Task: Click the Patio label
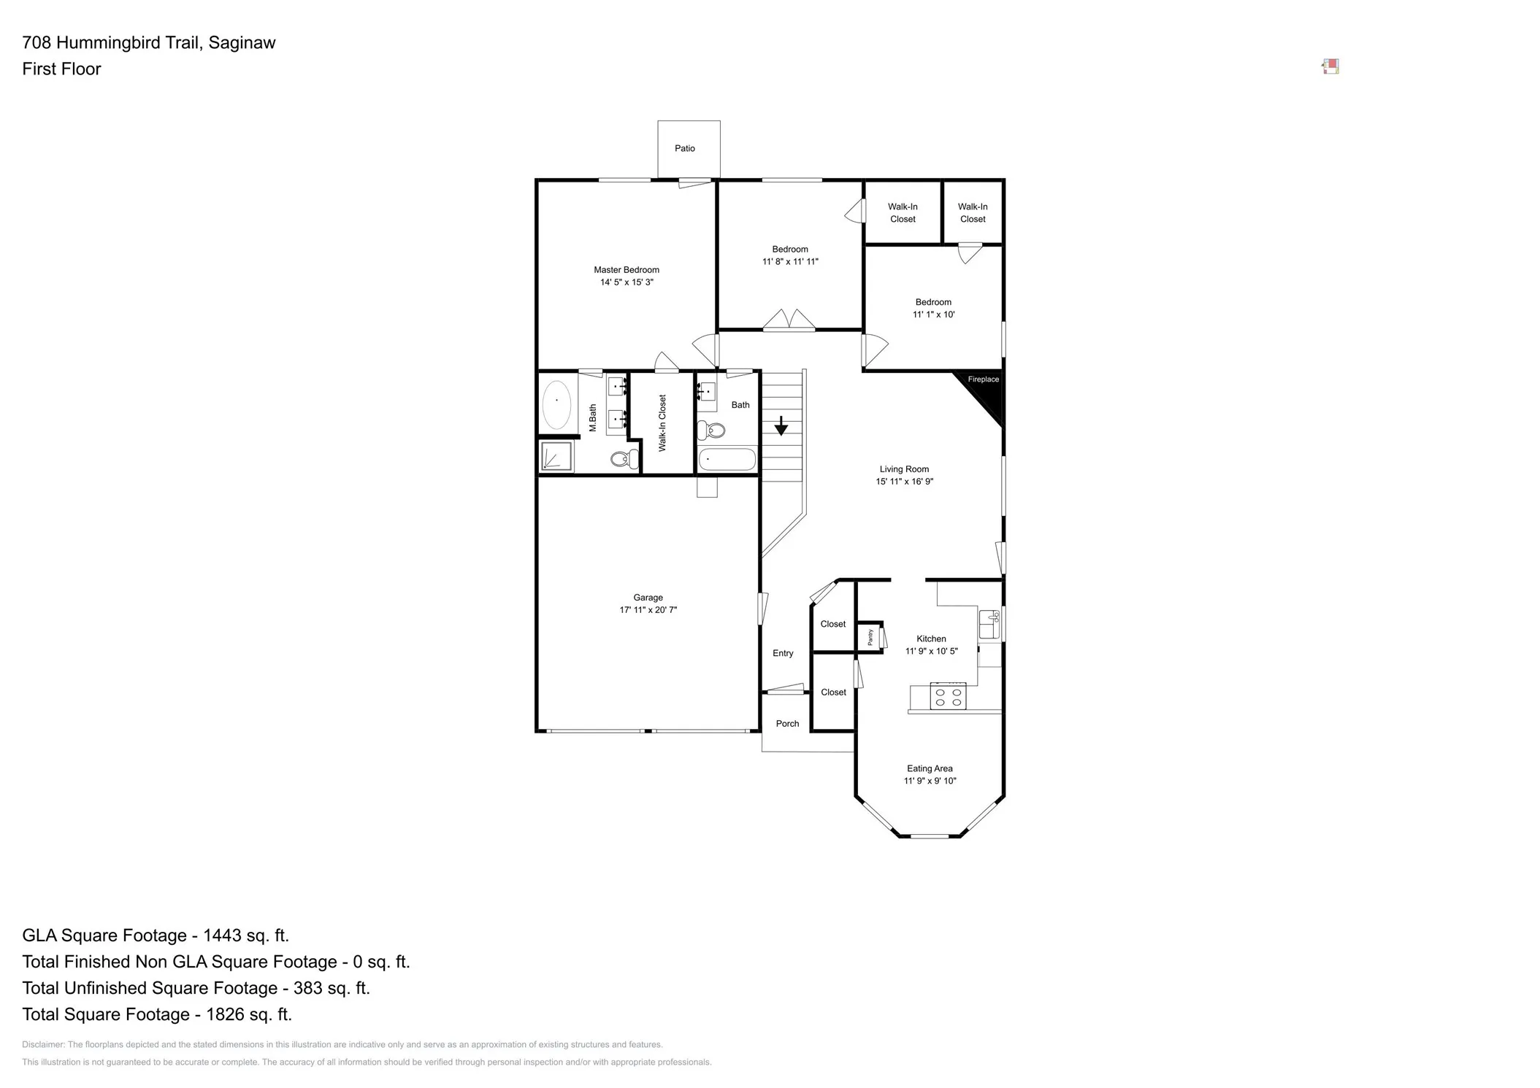point(684,148)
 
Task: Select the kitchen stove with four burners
point(948,696)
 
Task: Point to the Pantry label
point(870,637)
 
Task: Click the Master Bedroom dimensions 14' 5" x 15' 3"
point(627,282)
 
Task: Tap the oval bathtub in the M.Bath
point(556,404)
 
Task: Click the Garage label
point(648,598)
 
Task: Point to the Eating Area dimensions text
point(930,781)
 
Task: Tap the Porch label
point(786,724)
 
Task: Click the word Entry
point(782,653)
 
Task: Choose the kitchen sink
point(989,624)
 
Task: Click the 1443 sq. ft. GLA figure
point(245,935)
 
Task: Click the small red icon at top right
point(1330,67)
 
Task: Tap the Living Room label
point(904,469)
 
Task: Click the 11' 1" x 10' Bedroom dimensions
point(933,315)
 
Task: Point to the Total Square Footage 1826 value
point(248,1014)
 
